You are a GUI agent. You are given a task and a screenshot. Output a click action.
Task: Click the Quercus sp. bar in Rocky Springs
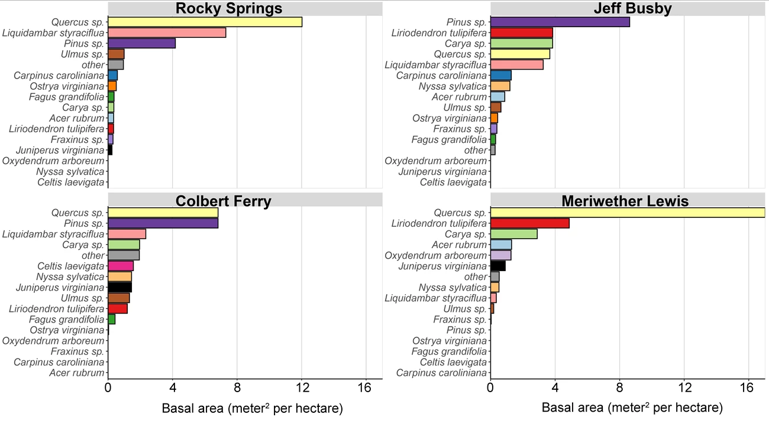point(205,22)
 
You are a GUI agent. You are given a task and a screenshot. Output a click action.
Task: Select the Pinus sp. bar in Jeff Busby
point(560,22)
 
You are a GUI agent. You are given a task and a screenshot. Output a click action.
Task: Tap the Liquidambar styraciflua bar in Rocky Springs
point(167,32)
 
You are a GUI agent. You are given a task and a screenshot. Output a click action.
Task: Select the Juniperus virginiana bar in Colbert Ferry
point(119,287)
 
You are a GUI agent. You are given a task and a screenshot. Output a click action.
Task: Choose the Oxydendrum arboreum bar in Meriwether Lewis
point(500,255)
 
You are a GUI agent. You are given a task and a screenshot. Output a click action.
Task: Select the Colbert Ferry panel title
point(223,201)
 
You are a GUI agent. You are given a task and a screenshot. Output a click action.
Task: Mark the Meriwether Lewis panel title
point(625,201)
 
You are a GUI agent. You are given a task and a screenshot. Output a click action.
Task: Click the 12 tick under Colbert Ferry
point(302,388)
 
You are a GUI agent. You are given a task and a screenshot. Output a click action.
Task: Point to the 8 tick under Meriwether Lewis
point(619,388)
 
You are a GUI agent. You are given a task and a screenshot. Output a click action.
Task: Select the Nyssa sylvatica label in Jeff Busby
point(453,86)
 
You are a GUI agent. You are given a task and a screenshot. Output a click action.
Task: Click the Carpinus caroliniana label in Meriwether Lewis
point(441,373)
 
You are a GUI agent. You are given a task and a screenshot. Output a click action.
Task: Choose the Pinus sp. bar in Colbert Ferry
point(163,223)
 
